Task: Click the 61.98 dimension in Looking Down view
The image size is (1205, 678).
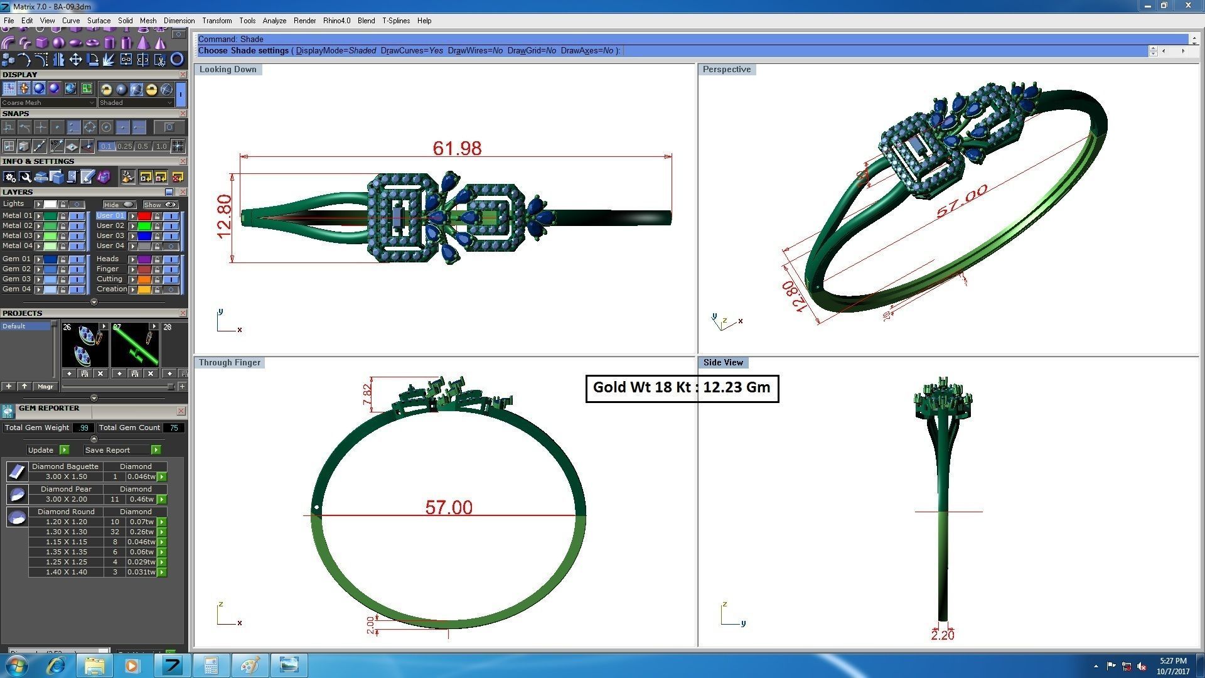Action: pos(457,149)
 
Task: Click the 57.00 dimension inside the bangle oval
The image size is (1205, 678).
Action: pos(449,507)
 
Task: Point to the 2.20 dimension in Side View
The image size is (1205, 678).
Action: pos(942,635)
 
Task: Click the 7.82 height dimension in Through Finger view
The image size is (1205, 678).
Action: pos(367,395)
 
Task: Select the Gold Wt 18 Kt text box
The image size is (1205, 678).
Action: pos(682,388)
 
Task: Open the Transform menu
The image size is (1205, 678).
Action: pos(217,21)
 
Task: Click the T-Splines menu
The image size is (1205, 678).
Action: pos(395,21)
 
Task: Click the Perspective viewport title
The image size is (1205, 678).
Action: pos(726,69)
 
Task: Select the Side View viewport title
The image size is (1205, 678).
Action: pos(722,362)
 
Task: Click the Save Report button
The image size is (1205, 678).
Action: pos(107,450)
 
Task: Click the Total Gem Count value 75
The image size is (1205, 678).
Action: pos(173,428)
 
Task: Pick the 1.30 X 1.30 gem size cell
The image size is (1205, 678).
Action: pos(66,532)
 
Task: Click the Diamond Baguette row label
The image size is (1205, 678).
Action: pos(65,466)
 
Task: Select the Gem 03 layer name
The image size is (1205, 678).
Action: pos(16,279)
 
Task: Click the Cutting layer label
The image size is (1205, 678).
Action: pos(109,279)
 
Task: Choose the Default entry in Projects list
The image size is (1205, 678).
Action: pos(14,326)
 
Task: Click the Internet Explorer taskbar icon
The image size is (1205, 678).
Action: pos(56,665)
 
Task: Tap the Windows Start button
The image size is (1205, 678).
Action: pos(16,665)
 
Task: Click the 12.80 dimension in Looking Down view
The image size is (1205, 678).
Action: pos(224,217)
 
